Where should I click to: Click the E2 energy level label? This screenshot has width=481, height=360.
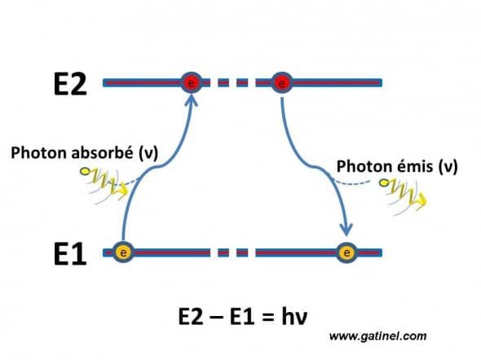tap(70, 84)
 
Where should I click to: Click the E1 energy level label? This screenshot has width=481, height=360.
tap(70, 253)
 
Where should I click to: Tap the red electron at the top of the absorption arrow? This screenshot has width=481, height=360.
tap(191, 82)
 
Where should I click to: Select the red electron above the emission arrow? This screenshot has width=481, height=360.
tap(282, 82)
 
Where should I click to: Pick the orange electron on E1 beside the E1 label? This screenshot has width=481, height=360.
tap(123, 252)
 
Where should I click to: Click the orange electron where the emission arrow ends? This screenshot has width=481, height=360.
tap(346, 252)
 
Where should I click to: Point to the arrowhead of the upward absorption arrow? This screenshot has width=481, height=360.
tap(192, 100)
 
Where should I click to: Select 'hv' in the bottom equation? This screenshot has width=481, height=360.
tap(294, 316)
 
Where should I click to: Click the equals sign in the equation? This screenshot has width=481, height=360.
tap(268, 318)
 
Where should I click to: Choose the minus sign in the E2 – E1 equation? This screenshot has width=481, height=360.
tap(216, 318)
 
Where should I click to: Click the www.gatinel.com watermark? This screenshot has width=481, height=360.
tap(378, 336)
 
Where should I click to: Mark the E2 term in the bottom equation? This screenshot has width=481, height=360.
tap(191, 317)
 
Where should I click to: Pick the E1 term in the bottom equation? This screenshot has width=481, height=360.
tap(242, 317)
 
